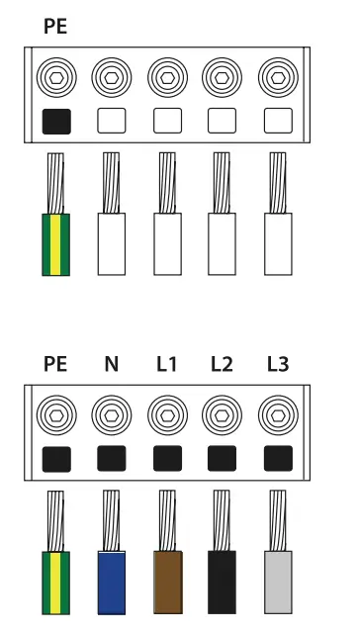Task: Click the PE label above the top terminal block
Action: click(56, 28)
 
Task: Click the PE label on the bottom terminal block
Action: click(56, 364)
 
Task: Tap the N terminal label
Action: click(111, 364)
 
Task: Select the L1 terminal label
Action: click(166, 364)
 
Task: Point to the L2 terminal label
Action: click(222, 364)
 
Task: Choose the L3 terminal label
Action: click(278, 364)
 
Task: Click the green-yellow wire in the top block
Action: click(56, 242)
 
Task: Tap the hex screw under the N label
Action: click(112, 411)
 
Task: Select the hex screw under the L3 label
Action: click(278, 411)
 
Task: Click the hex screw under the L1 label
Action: click(167, 411)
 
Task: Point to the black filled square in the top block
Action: click(56, 121)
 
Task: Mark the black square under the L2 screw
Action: click(223, 457)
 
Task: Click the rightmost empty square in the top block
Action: click(278, 121)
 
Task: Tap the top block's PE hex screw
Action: click(56, 77)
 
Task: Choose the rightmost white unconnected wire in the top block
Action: click(278, 242)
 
